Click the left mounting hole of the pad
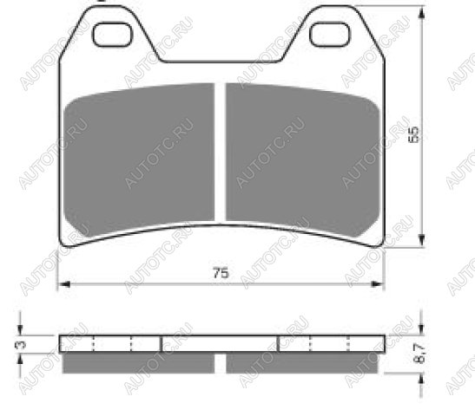point(112,35)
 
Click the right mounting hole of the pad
point(330,35)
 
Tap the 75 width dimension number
point(221,273)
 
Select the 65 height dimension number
point(414,134)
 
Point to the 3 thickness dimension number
point(22,344)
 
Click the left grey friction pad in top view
point(139,157)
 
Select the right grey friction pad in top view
point(303,157)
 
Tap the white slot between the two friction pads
point(221,153)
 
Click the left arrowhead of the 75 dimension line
point(63,284)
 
